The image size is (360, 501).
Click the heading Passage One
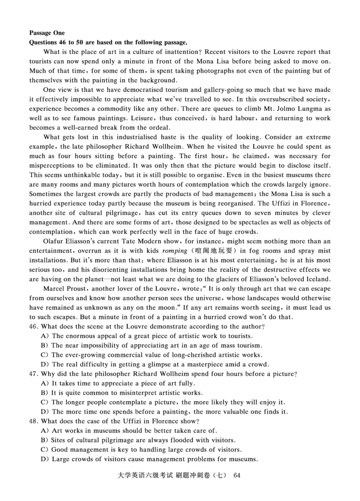[x=47, y=33]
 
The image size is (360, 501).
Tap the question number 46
[x=34, y=327]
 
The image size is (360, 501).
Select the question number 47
[x=34, y=374]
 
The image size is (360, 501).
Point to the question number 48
[x=34, y=421]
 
